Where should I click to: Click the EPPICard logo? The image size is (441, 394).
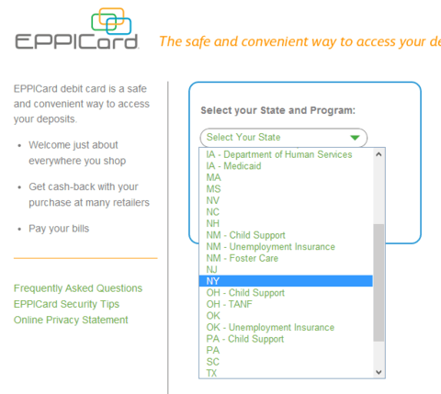pyautogui.click(x=76, y=29)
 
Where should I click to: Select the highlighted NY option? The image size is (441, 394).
pyautogui.click(x=286, y=281)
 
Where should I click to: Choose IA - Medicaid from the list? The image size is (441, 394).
pyautogui.click(x=233, y=166)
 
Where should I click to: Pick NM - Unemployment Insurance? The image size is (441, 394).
pyautogui.click(x=270, y=247)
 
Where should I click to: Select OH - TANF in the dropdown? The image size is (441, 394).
pyautogui.click(x=229, y=304)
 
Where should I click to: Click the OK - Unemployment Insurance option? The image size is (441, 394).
pyautogui.click(x=270, y=327)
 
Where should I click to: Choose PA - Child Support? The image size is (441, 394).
pyautogui.click(x=245, y=339)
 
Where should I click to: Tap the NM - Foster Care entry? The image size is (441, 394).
pyautogui.click(x=242, y=258)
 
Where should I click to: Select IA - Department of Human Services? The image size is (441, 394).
pyautogui.click(x=279, y=154)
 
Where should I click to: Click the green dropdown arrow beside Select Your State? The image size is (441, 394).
pyautogui.click(x=355, y=138)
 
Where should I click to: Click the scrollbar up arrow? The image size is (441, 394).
pyautogui.click(x=379, y=154)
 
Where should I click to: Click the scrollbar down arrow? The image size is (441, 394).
pyautogui.click(x=379, y=372)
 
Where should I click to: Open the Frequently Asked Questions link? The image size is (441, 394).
pyautogui.click(x=78, y=288)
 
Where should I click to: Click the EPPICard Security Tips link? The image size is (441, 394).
pyautogui.click(x=66, y=304)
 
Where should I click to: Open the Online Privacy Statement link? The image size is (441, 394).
pyautogui.click(x=71, y=320)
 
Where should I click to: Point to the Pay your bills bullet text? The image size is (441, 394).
pyautogui.click(x=59, y=229)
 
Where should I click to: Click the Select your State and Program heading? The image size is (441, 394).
pyautogui.click(x=277, y=110)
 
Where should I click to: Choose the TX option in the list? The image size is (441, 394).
pyautogui.click(x=211, y=373)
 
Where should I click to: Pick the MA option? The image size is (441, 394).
pyautogui.click(x=213, y=177)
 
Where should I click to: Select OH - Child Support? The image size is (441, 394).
pyautogui.click(x=245, y=293)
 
